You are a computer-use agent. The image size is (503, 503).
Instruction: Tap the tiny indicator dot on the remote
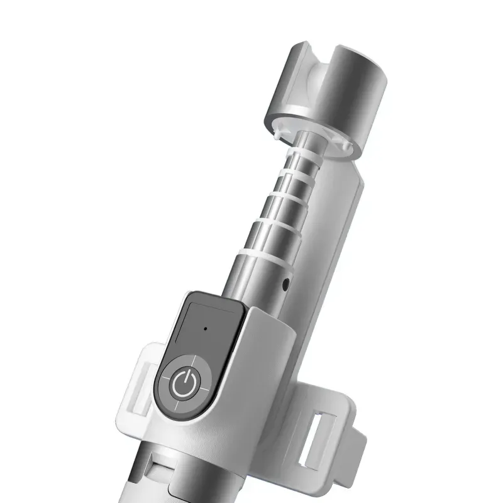(x=205, y=328)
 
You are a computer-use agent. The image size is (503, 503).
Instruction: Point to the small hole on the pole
(x=287, y=284)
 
